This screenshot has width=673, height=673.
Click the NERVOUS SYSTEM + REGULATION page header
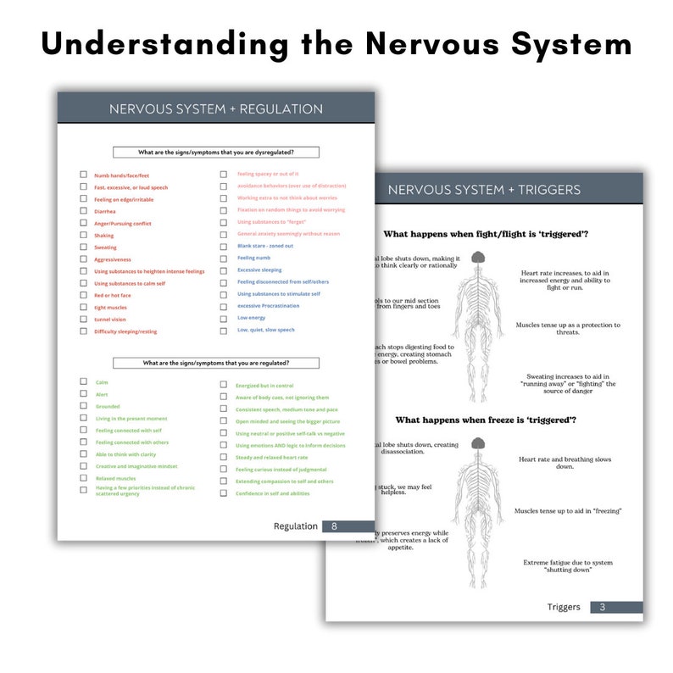click(x=215, y=109)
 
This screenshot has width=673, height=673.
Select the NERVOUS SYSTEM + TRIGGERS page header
click(x=484, y=190)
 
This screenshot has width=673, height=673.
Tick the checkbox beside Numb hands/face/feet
click(x=83, y=175)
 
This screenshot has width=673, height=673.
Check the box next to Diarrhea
click(x=83, y=211)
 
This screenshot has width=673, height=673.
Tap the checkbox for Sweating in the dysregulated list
click(x=83, y=247)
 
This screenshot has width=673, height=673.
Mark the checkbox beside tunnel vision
click(x=83, y=319)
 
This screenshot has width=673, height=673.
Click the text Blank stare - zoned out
click(x=264, y=246)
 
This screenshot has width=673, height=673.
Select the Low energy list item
click(x=251, y=318)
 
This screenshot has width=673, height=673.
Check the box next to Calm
click(x=83, y=382)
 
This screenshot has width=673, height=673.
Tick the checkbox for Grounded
click(x=83, y=406)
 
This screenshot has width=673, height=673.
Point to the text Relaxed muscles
click(x=115, y=478)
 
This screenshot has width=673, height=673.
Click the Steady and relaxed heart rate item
click(x=271, y=457)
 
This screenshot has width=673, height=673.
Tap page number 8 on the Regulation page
click(x=334, y=526)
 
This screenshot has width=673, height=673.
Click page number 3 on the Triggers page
click(x=602, y=607)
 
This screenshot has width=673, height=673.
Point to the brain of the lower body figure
click(x=478, y=443)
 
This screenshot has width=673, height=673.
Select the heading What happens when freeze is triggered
click(x=486, y=420)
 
